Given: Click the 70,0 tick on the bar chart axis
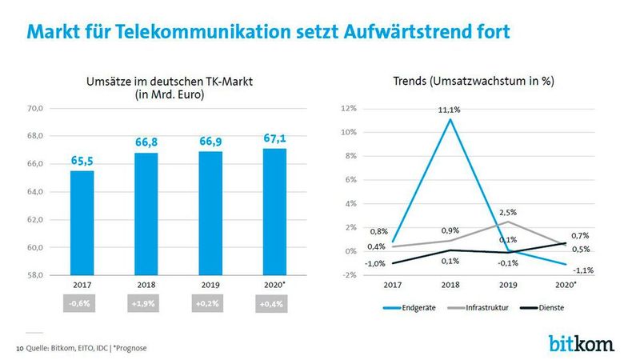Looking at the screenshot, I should (37, 108).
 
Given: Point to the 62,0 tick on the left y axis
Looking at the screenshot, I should (37, 219).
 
